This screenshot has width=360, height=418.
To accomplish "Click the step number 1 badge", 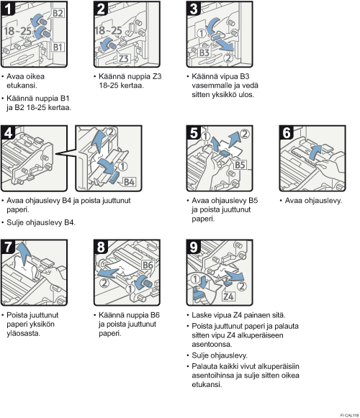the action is pos(7,8).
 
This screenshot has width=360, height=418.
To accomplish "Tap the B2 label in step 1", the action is pos(58,13).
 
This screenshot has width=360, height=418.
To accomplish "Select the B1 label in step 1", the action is pos(58,47).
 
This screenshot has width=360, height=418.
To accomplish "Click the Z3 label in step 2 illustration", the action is pos(124,58).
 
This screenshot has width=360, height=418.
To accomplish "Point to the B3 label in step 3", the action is pos(204,53).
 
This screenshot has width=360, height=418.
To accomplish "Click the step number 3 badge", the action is pos(193,8).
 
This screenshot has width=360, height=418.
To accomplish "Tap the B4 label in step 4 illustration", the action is pos(129,182).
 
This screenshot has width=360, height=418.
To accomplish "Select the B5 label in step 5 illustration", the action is pos(240,165).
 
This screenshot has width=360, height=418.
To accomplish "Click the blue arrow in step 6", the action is pos(315,153).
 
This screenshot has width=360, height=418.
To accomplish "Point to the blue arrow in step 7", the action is pos(23,253).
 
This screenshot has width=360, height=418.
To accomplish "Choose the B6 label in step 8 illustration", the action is pos(148,265).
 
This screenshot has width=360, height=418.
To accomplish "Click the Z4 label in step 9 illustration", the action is pos(229,296).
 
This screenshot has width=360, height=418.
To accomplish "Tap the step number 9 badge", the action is pos(193,247).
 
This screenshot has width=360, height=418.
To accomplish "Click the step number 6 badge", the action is pos(287,132).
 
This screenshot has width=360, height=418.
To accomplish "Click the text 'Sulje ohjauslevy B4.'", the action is pos(41,222).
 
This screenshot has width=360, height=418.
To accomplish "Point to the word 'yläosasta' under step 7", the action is pos(23,334).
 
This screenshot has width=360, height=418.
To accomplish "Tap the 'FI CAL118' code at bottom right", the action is pos(349,415).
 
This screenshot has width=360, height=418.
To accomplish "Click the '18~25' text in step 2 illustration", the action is pos(108,31).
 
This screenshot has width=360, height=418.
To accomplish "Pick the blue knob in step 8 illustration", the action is pos(143,282).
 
